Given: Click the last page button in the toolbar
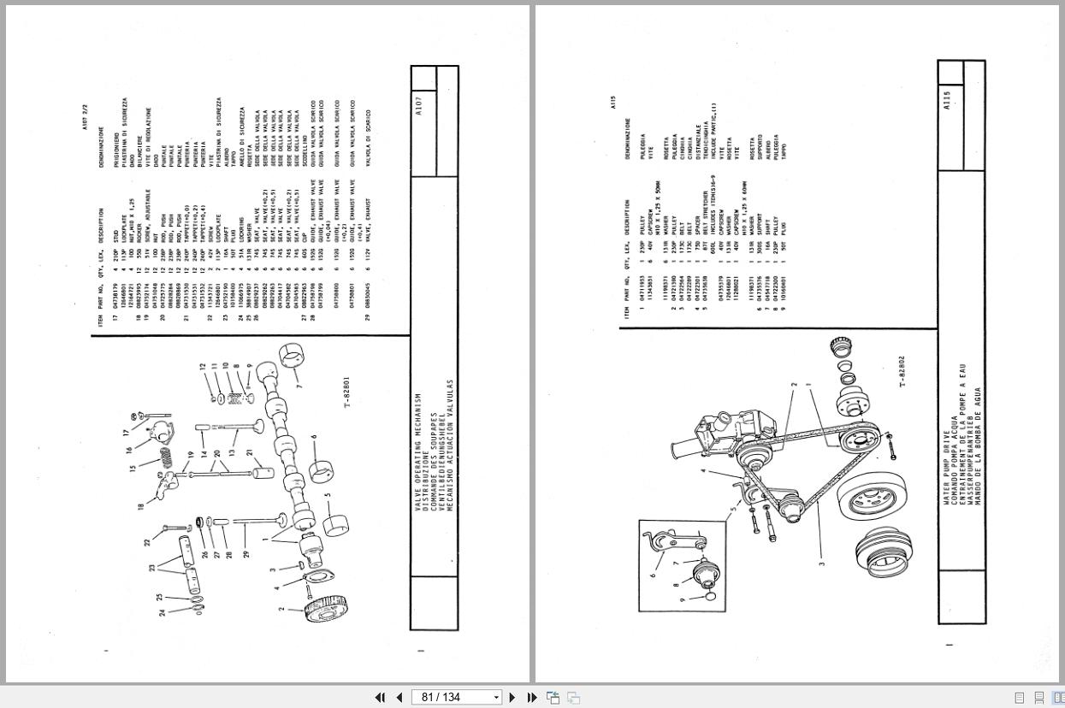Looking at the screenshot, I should coord(532,698).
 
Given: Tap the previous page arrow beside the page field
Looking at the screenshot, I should coord(399,698).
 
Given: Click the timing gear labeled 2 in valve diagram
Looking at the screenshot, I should coord(318,610).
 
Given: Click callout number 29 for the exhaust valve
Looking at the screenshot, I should coord(246,555).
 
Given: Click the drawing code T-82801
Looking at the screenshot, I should coord(347,392).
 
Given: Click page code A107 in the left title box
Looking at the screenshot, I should coord(418,106).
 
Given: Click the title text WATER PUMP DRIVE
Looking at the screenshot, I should coord(949,461).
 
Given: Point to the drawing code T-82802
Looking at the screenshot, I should coord(902,373).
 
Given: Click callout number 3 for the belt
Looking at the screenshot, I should coord(822,563).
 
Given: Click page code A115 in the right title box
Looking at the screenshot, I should coord(947,100).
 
